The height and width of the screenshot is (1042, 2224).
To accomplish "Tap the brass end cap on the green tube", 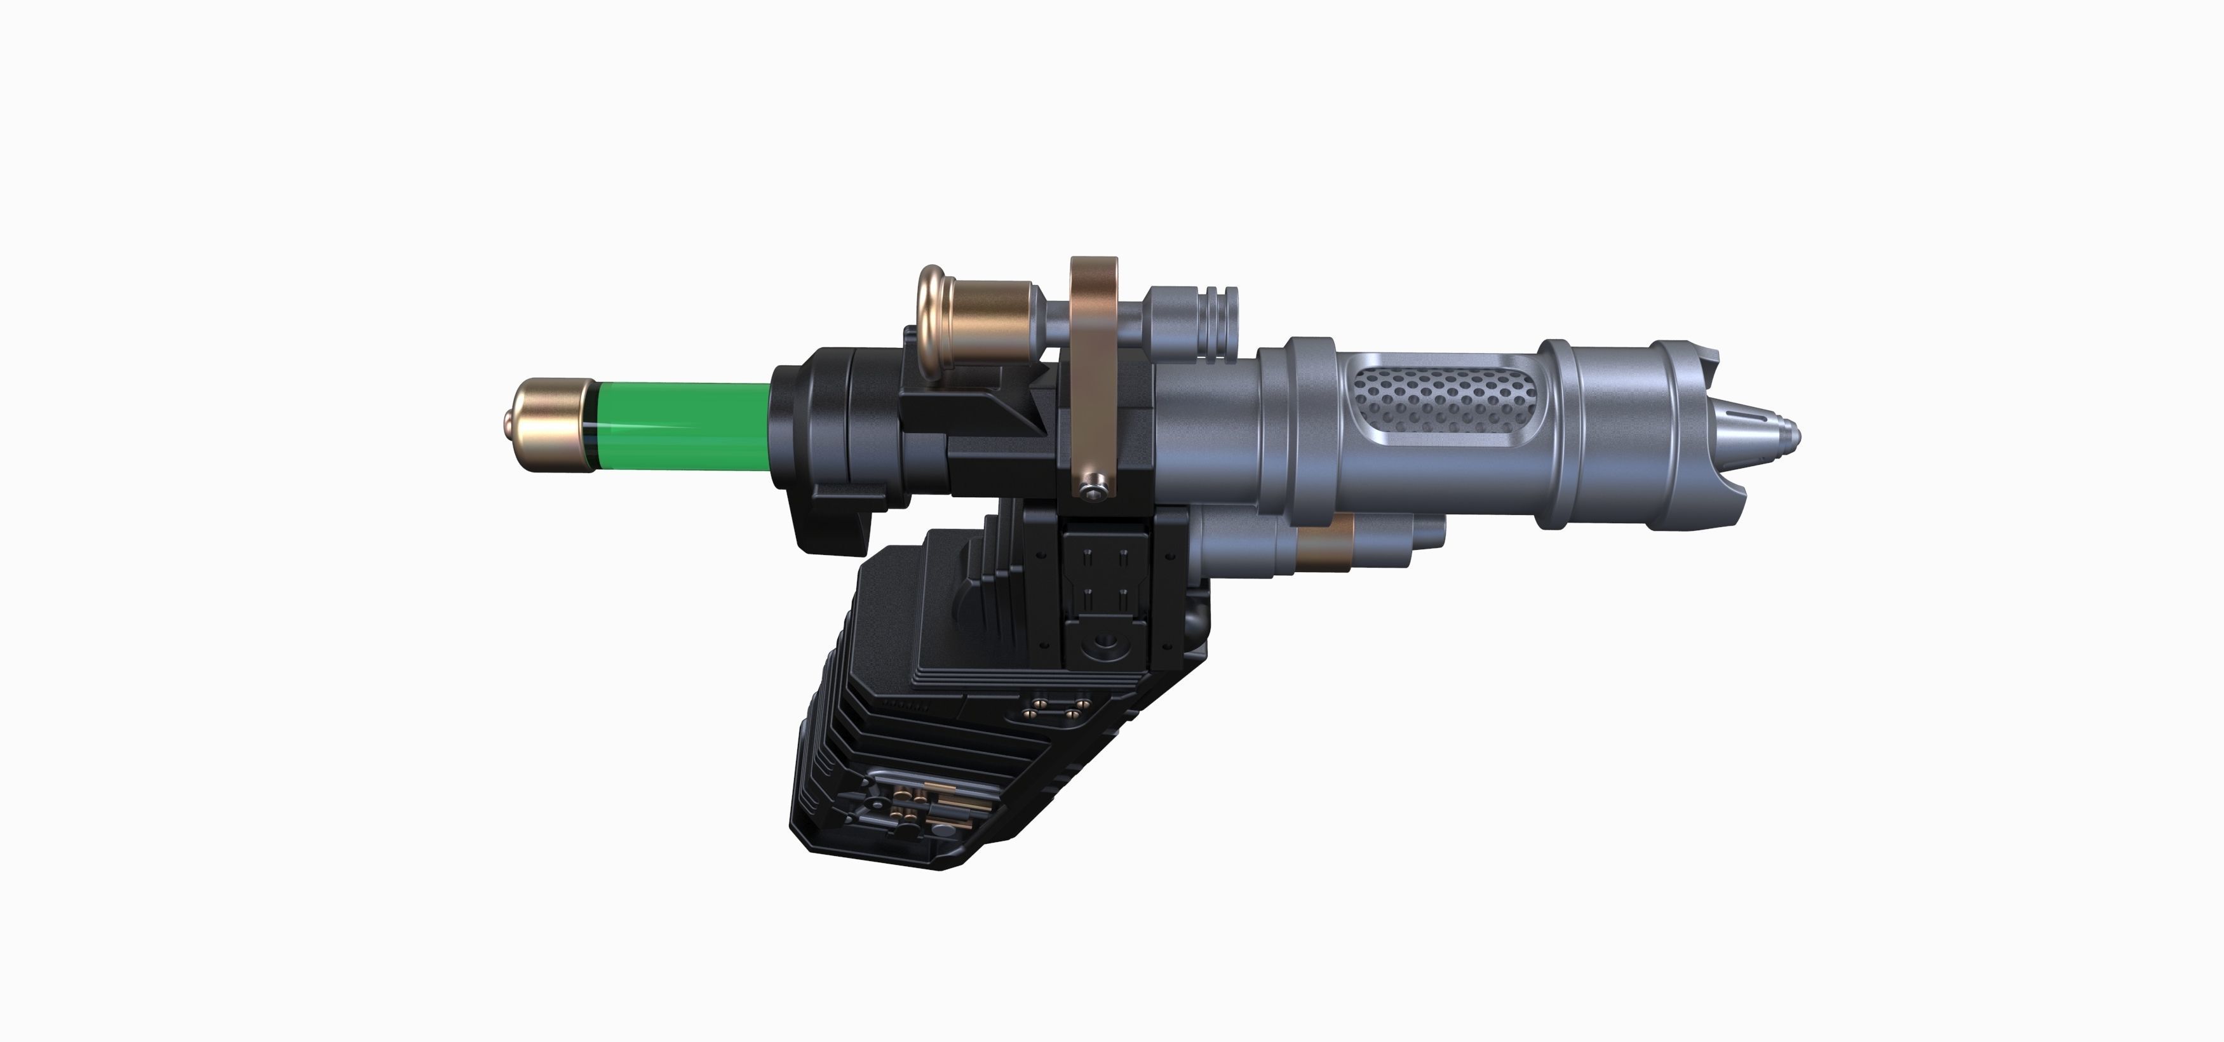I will [549, 425].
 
